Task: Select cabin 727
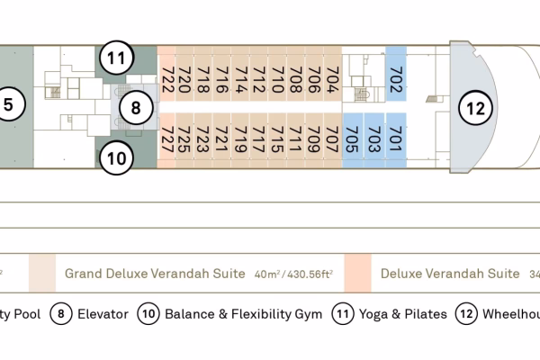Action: pos(167,139)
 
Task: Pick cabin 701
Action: pos(396,139)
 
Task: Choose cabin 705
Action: pos(353,139)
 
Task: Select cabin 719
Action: pos(240,139)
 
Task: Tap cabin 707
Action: pos(332,139)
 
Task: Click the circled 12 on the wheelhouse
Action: pos(476,110)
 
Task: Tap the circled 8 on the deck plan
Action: pos(135,110)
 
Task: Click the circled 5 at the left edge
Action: pos(8,104)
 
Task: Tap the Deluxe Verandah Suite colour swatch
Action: pos(357,273)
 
